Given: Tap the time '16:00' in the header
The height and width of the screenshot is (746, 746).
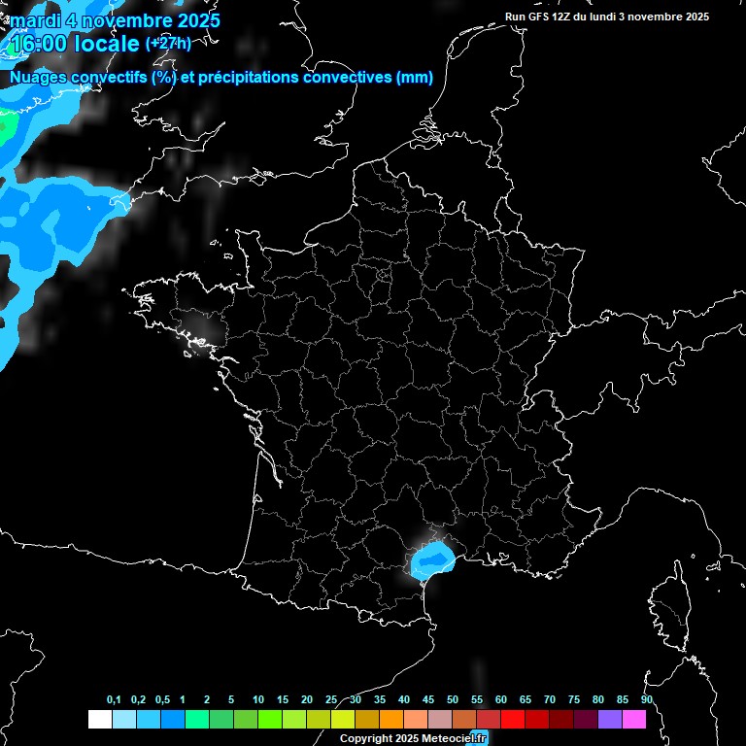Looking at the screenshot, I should pos(39,45).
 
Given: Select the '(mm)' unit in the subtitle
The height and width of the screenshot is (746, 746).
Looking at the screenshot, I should pos(415,78).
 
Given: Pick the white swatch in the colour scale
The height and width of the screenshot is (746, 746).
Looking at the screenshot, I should pos(99,720).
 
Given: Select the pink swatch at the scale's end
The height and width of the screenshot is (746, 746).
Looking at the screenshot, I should pos(634,720).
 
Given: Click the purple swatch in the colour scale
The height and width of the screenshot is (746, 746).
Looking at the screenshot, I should pos(610,720).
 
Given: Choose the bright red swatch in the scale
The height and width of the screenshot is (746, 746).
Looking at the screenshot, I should pos(513,720).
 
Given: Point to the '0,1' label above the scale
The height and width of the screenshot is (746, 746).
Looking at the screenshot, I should pos(114,700).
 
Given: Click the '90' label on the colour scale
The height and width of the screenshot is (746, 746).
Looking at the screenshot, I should pos(647,700).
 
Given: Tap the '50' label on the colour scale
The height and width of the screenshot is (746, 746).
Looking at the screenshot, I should pos(453,700).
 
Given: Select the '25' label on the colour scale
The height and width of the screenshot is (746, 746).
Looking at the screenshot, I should pos(331,700).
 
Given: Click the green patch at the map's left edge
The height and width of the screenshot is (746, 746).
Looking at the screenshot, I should pos(6,126).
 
